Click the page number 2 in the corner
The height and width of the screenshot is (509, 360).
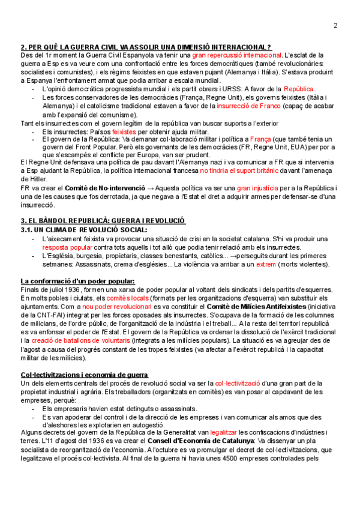[x=335, y=25]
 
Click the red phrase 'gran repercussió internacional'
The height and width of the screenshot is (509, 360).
[x=237, y=55]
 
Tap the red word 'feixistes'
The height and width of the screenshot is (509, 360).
[x=124, y=131]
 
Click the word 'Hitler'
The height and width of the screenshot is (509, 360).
[x=30, y=179]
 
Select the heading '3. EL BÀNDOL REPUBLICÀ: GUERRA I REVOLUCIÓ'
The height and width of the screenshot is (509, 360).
[x=103, y=221]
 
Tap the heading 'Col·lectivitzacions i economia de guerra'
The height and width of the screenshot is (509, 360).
[x=84, y=375]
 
